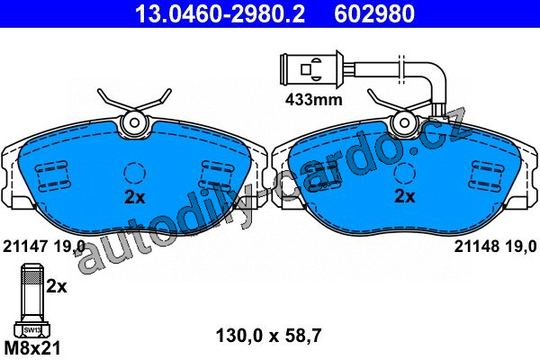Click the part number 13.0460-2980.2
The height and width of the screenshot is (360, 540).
(220, 14)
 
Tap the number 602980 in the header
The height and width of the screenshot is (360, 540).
(374, 14)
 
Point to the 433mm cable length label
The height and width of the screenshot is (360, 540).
(314, 100)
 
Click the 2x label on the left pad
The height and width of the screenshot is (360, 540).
(135, 197)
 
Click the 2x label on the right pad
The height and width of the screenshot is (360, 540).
(405, 196)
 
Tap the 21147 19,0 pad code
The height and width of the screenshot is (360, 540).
(44, 247)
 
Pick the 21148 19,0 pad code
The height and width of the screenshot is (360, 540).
(495, 247)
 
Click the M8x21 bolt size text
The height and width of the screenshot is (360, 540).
(32, 347)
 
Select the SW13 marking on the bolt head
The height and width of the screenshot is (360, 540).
(32, 330)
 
